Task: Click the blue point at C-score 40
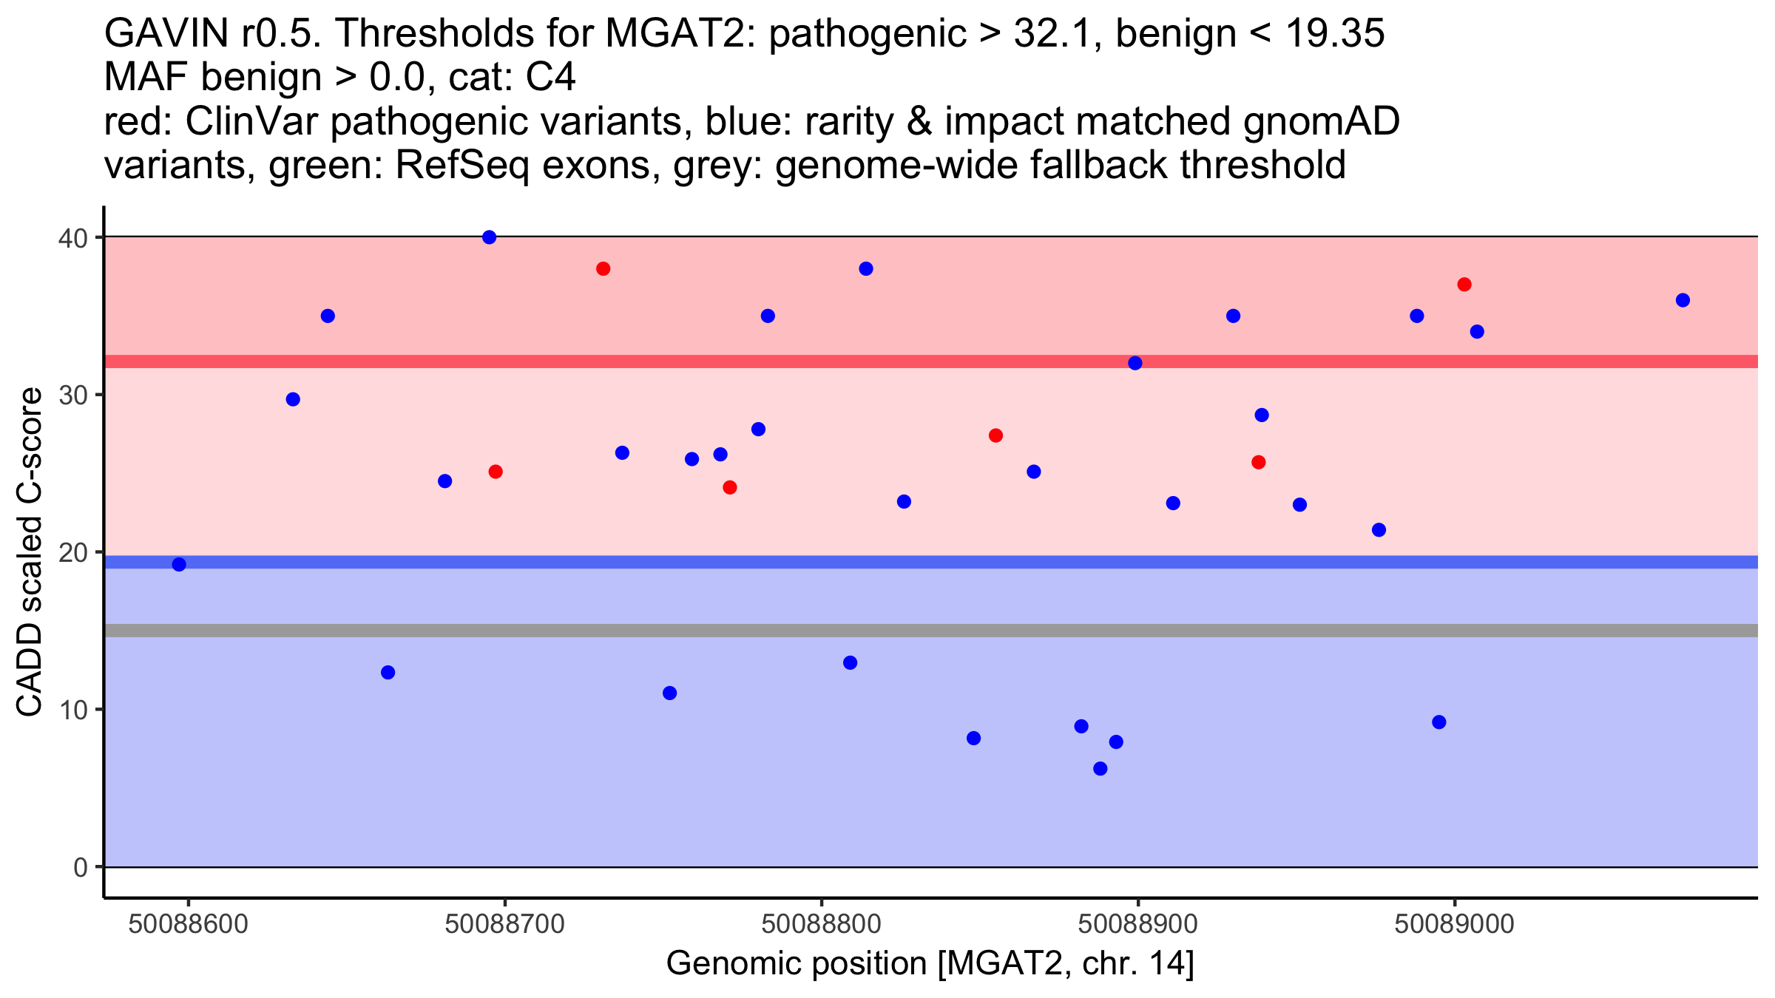489,237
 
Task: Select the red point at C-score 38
603,268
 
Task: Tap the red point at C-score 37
1464,285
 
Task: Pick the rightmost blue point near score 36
1683,300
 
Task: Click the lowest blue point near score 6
1100,769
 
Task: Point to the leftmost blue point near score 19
179,565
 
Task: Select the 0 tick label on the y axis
81,867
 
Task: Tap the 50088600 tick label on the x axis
188,925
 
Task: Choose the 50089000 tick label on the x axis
1455,925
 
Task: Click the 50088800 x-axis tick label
821,925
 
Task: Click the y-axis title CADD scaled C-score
30,552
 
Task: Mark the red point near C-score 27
995,435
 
